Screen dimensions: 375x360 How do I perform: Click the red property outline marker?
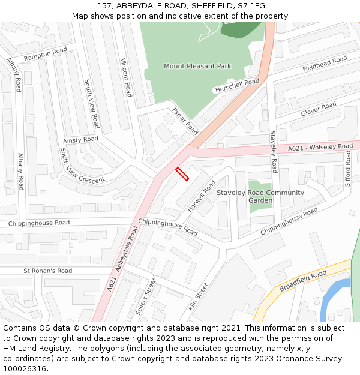click(182, 174)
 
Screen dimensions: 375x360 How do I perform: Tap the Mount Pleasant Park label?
click(197, 66)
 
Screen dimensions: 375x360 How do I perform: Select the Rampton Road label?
click(46, 55)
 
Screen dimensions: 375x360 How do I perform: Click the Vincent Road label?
click(126, 77)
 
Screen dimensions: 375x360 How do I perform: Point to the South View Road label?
click(92, 104)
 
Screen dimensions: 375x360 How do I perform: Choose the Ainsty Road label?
click(80, 140)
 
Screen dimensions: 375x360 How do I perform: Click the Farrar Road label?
click(185, 121)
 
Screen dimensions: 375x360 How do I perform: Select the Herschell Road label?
click(237, 86)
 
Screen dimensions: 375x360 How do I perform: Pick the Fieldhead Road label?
click(325, 63)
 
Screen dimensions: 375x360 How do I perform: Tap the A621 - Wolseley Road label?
click(320, 147)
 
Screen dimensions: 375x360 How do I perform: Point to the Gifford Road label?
click(347, 169)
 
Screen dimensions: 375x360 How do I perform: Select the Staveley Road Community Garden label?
click(260, 196)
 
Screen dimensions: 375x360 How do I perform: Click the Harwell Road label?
click(201, 196)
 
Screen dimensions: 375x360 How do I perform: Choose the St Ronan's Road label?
click(48, 271)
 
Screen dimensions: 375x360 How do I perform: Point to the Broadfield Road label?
click(303, 280)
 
